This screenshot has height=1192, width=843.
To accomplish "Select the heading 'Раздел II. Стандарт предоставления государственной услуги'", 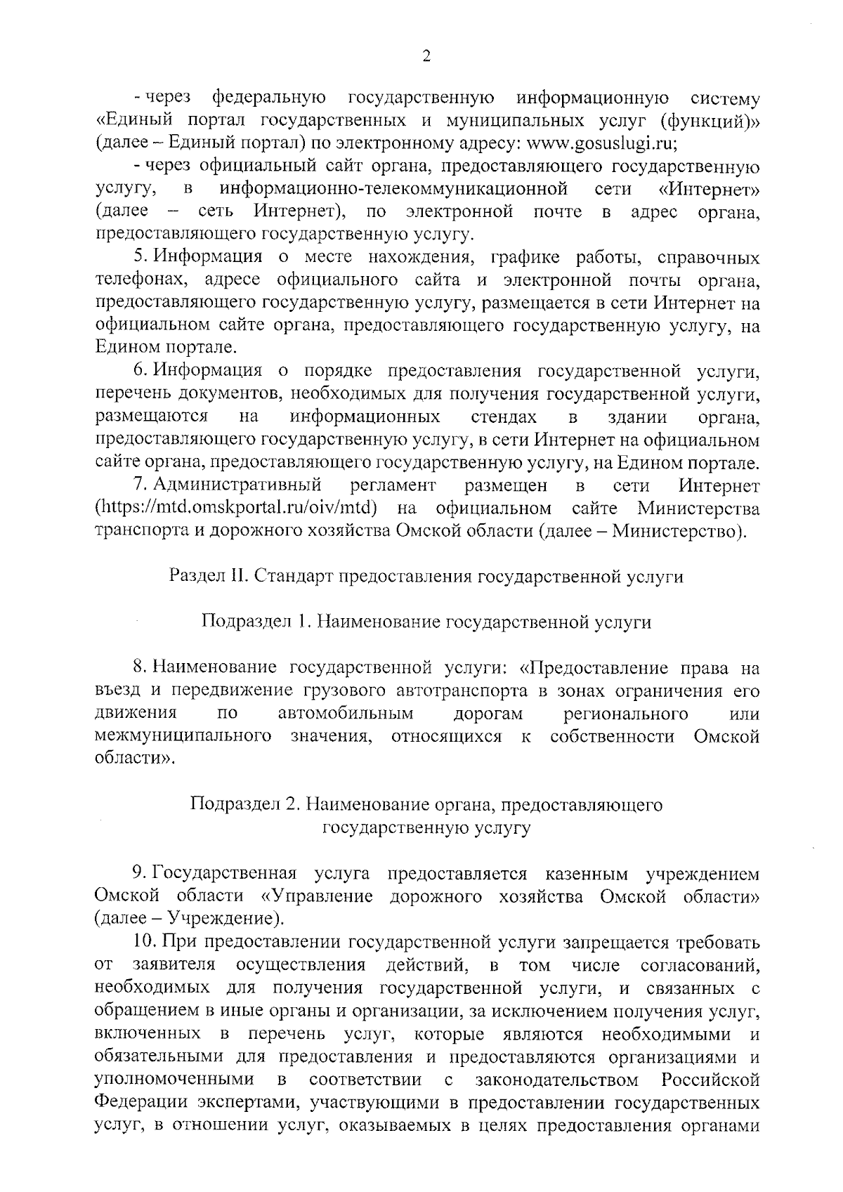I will (426, 577).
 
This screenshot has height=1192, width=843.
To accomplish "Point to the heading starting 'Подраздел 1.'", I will (426, 622).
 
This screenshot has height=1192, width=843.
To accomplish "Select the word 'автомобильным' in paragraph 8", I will (346, 714).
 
